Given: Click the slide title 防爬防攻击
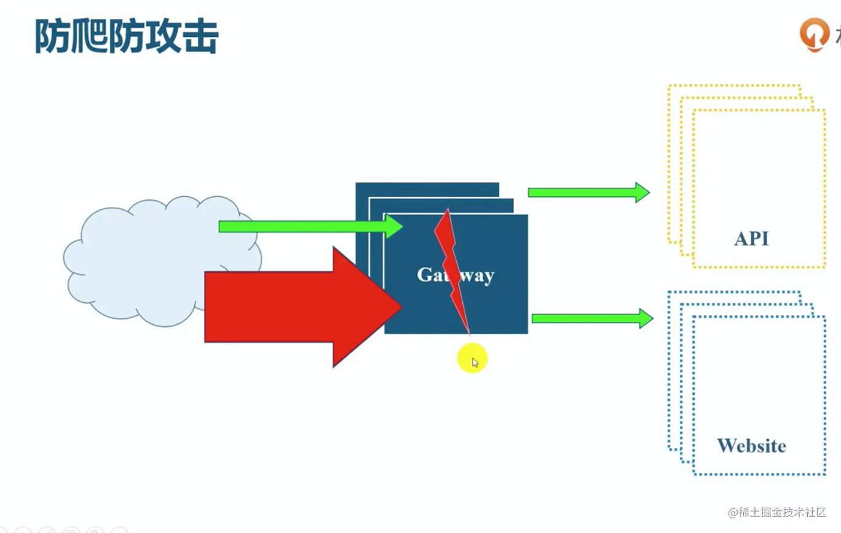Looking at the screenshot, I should (x=126, y=37).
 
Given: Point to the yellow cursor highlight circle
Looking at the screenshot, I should (x=472, y=359).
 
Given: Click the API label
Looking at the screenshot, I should (x=751, y=239).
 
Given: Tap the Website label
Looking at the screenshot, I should (x=751, y=446).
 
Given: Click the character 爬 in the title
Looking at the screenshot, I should (x=89, y=37).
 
